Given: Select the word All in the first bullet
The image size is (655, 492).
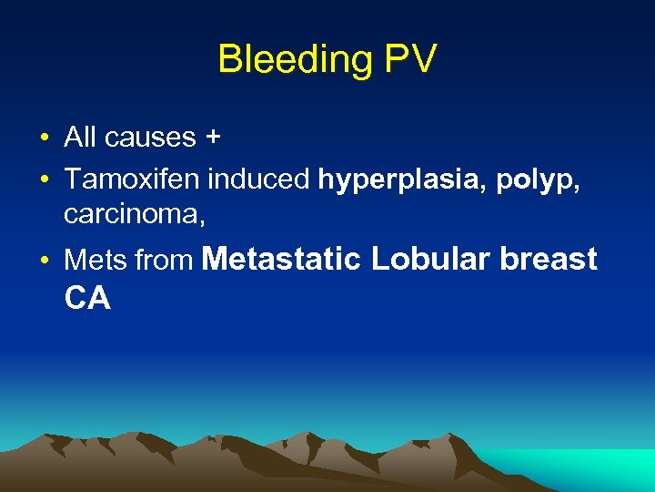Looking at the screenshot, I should tap(80, 138).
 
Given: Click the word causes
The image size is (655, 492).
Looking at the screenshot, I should tap(150, 138).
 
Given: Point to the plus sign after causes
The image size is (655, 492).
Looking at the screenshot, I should tap(213, 138).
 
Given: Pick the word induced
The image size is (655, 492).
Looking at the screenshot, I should tap(259, 179).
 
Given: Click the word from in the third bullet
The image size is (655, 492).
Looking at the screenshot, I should tap(165, 261).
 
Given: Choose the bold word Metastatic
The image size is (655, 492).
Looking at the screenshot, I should tap(281, 259).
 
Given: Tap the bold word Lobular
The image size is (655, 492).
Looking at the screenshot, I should tap(430, 259).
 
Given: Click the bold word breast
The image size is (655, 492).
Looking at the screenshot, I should tap(549, 259).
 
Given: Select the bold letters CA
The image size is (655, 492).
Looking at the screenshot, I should tap(87, 298).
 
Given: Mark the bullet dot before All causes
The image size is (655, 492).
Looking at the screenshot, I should tap(44, 139).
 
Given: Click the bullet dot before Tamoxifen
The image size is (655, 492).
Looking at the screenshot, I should tap(44, 180).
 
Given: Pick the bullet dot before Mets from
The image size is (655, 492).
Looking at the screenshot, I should tap(44, 262).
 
